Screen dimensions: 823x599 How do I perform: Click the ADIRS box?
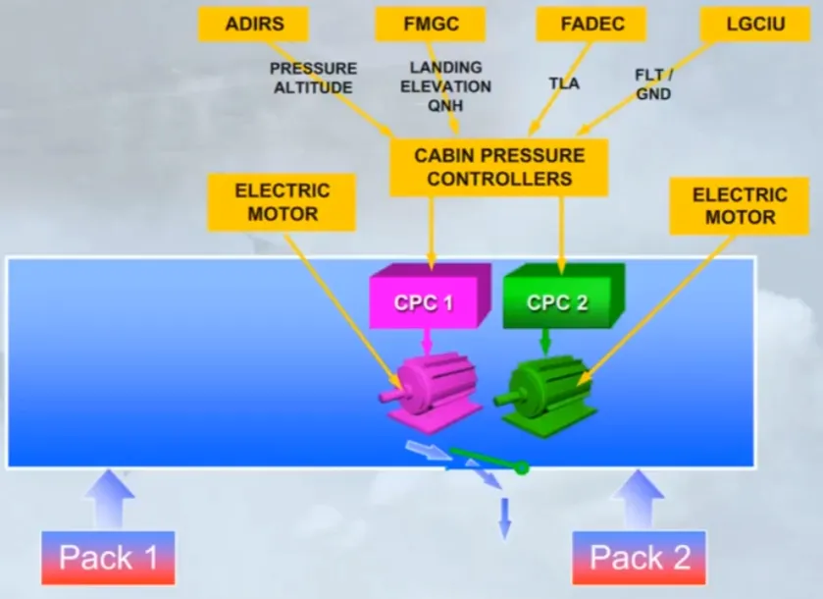pos(253,25)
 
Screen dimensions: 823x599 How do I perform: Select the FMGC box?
pos(431,25)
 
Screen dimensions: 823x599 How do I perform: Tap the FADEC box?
pos(592,25)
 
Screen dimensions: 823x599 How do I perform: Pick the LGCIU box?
pos(755,25)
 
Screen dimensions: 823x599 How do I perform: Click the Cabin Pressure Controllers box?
pos(498,167)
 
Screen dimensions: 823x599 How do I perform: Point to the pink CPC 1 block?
pos(430,297)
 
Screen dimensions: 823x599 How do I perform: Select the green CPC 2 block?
pos(564,297)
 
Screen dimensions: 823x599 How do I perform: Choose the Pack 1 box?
pos(108,558)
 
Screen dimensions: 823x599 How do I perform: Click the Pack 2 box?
pos(639,558)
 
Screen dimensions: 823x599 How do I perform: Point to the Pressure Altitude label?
pos(313,78)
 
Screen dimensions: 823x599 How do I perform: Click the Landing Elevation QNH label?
pos(445,86)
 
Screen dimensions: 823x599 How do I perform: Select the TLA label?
pos(564,83)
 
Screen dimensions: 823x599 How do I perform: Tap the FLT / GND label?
pos(653,84)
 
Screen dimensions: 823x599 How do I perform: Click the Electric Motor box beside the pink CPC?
pos(282,203)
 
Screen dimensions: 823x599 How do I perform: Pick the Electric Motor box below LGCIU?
pos(739,206)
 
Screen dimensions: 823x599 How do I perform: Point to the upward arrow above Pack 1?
pos(109,499)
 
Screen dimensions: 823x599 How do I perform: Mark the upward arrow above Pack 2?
pos(639,499)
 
